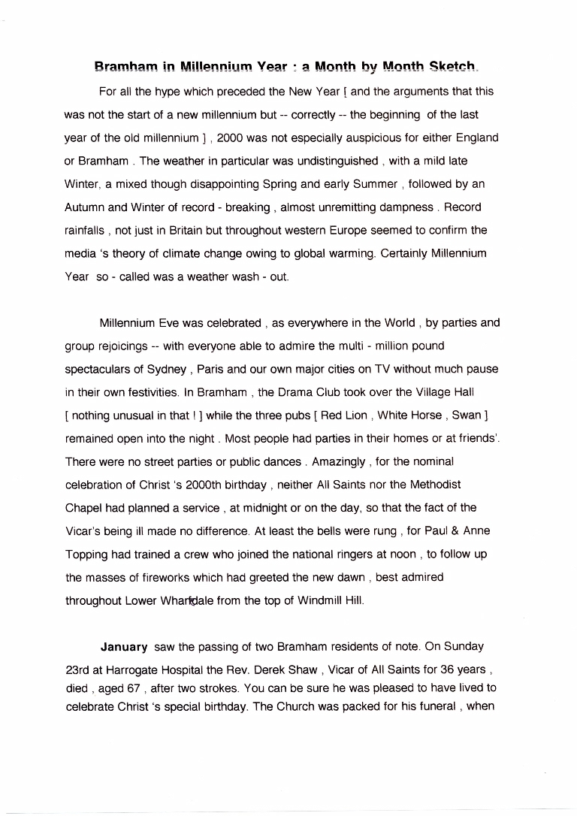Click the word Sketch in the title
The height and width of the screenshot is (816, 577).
451,67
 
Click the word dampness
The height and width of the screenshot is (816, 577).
401,207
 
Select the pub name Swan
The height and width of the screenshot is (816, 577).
466,415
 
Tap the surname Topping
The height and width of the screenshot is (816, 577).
87,554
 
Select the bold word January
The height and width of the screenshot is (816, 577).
124,646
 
